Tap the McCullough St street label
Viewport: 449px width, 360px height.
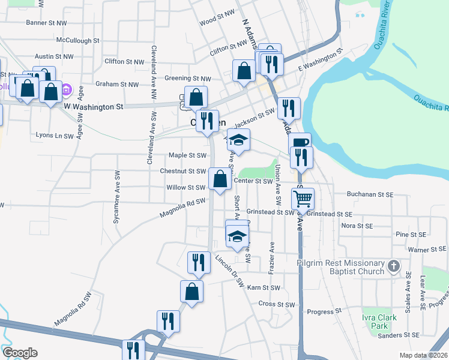(77, 40)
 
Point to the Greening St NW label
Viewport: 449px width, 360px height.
(188, 78)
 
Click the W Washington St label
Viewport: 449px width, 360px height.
(93, 107)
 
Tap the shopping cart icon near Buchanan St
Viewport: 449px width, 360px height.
(304, 197)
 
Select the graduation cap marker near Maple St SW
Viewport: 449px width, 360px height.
(239, 141)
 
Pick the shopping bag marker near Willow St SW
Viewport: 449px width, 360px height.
(220, 178)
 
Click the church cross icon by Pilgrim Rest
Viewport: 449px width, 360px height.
(393, 265)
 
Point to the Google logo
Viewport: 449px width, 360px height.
(20, 353)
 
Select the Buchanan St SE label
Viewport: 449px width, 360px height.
(370, 194)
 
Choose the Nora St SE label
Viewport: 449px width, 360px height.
(357, 226)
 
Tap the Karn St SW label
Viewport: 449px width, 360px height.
(264, 288)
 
